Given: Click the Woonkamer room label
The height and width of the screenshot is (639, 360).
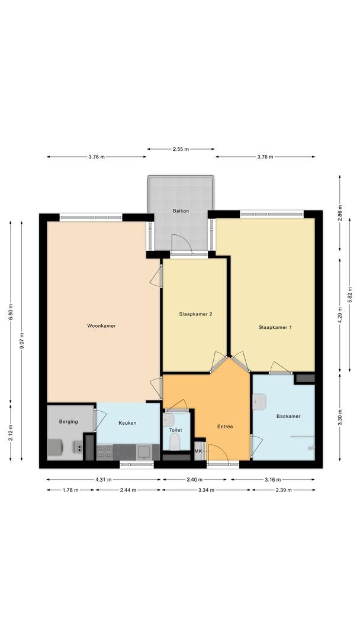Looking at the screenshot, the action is (x=101, y=325).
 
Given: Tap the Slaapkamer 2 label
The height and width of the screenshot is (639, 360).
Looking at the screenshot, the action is (x=195, y=314).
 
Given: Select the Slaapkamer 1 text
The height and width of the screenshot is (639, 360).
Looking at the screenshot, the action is (x=275, y=327).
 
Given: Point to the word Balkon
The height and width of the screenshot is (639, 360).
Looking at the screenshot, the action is (x=180, y=211).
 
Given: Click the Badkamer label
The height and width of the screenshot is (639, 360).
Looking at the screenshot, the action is (x=288, y=416).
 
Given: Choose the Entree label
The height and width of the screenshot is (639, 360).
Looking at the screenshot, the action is (x=225, y=427).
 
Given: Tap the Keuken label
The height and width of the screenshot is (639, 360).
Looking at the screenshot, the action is (x=127, y=423).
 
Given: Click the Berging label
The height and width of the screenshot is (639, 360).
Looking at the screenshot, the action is (x=69, y=421).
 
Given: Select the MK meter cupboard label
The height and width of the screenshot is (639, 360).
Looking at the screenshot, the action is (x=198, y=451).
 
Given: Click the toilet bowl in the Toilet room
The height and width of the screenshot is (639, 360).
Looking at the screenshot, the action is (x=174, y=442).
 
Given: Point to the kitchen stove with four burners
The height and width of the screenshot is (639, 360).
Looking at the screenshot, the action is (x=105, y=453).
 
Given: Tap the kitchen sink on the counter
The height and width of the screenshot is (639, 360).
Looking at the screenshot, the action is (x=144, y=452).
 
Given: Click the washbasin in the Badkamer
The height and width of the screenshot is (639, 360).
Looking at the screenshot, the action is (x=258, y=401).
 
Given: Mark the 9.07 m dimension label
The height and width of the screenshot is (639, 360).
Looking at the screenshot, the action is (x=21, y=341).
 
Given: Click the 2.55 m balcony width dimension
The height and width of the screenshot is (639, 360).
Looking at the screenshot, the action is (x=181, y=149).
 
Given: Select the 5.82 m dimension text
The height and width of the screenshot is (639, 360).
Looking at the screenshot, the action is (x=350, y=295).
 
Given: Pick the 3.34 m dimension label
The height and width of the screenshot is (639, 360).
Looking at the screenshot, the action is (x=206, y=490).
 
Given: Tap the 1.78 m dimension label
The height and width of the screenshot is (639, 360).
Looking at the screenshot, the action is (x=70, y=490).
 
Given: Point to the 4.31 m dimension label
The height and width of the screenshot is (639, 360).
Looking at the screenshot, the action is (x=104, y=480).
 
